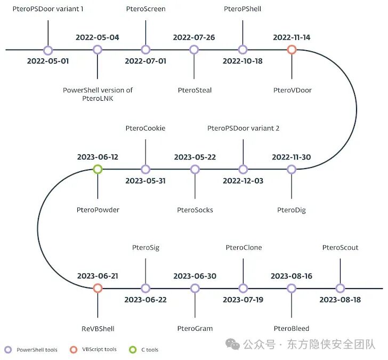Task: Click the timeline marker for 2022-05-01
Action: coord(48,50)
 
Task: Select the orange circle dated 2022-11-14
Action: coord(292,50)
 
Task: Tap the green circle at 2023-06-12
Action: coord(98,169)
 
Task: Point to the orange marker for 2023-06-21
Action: coord(98,288)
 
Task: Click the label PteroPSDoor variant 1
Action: coord(48,9)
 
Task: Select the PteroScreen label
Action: coord(145,9)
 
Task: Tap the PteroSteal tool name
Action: coord(195,90)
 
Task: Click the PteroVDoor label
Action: coord(292,90)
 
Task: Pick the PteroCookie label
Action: coord(145,129)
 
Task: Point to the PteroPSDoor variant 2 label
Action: coord(243,129)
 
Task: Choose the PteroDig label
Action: coord(292,210)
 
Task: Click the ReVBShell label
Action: coord(98,329)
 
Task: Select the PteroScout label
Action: coord(340,247)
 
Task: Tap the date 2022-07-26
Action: coord(194,37)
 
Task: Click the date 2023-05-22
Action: coord(195,157)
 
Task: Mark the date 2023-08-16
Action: coord(291,276)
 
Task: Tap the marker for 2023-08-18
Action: coord(340,288)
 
